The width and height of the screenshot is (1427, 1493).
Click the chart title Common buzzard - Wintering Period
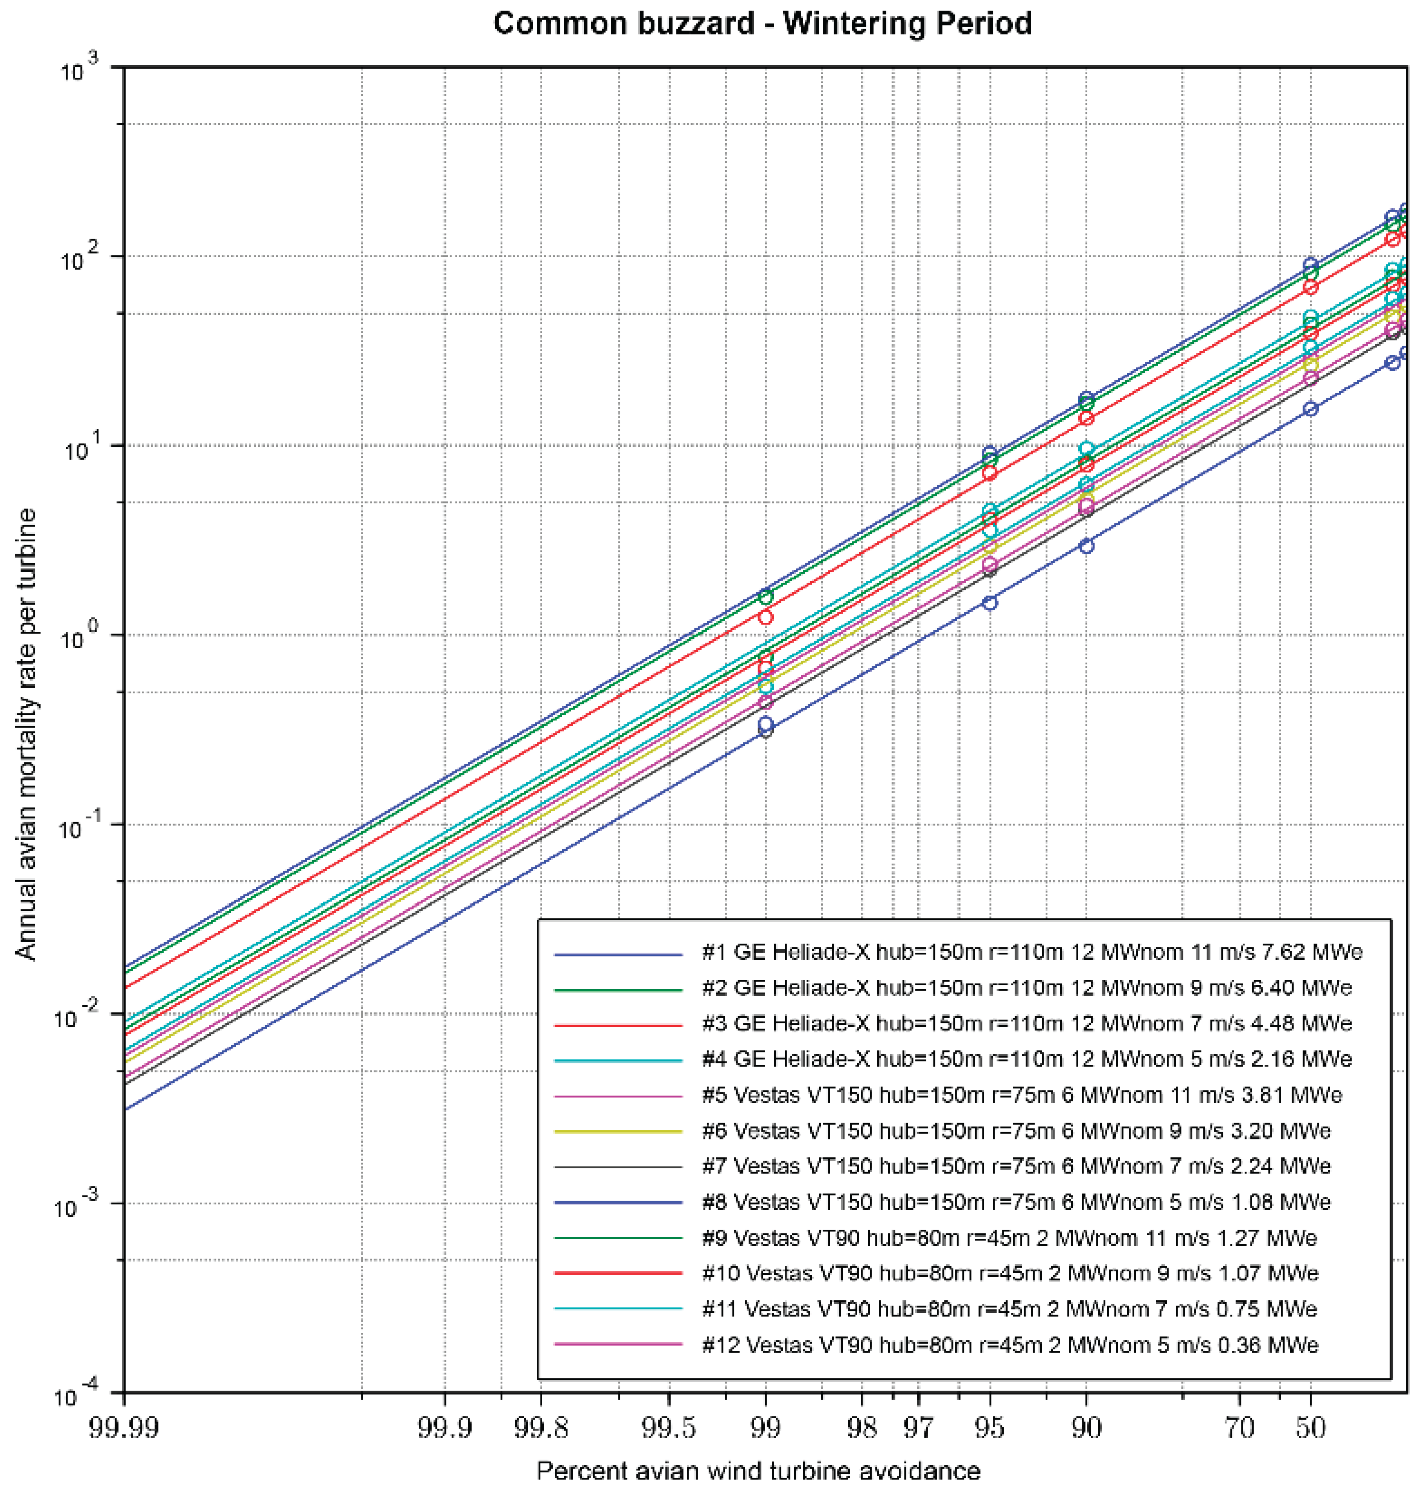[762, 24]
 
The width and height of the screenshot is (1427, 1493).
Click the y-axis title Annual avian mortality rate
[27, 734]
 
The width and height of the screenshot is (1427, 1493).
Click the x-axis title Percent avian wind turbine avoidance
[758, 1470]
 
